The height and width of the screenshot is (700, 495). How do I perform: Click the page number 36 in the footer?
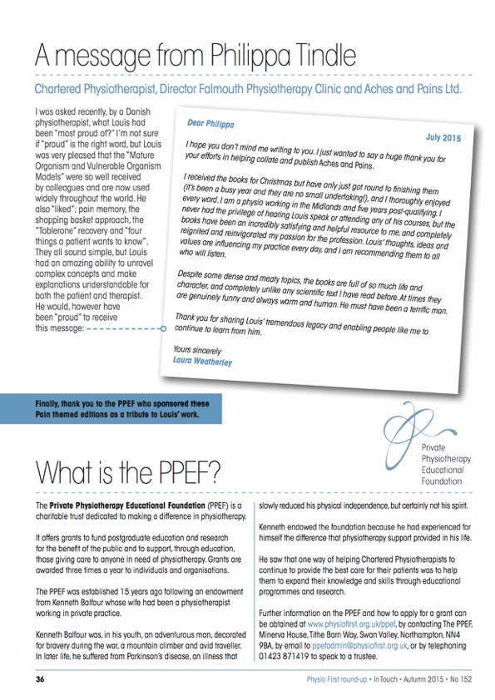pos(40,679)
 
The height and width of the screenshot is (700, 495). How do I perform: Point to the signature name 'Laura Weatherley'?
pos(205,362)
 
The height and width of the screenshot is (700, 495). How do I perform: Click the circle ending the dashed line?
pos(164,328)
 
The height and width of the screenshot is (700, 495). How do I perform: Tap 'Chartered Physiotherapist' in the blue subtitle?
pos(101,88)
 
